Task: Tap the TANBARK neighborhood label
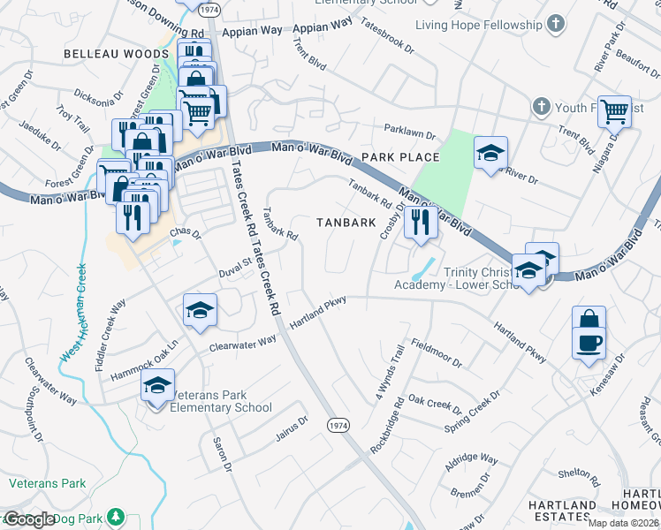[x=346, y=223]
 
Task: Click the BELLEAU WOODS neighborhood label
[x=103, y=54]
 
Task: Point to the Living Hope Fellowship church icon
[x=557, y=23]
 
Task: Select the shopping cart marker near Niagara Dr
[x=615, y=111]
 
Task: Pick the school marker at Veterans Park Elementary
[x=157, y=386]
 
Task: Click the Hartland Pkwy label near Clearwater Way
[x=316, y=314]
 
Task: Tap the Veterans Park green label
[x=48, y=483]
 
